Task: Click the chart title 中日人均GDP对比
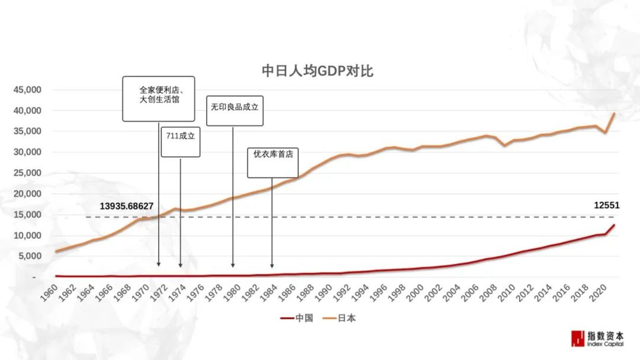click(317, 71)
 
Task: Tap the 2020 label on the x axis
click(598, 292)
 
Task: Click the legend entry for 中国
click(297, 318)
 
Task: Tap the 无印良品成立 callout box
click(235, 110)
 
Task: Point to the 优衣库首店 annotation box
click(273, 162)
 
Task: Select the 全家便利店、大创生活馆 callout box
click(159, 99)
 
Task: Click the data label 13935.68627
click(127, 206)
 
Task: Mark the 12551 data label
click(607, 206)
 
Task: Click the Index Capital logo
click(597, 338)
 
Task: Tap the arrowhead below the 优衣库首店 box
click(272, 265)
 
